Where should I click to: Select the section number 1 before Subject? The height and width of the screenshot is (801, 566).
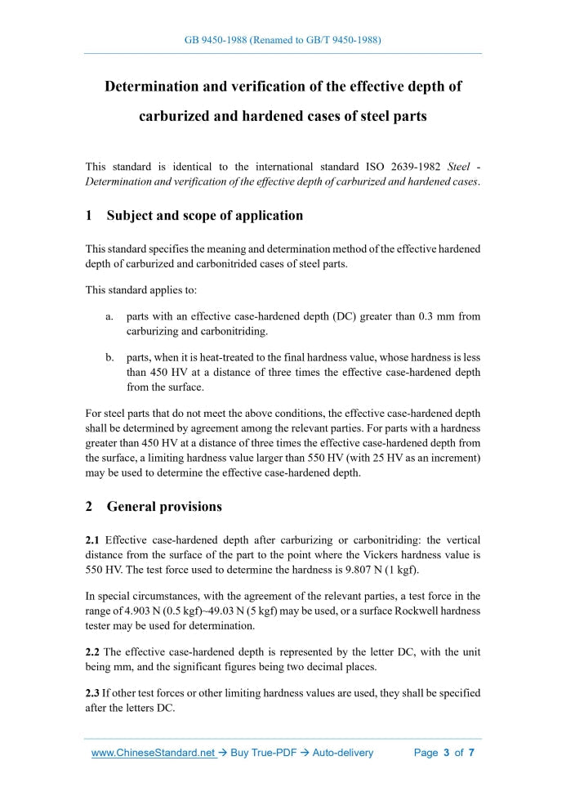(x=89, y=216)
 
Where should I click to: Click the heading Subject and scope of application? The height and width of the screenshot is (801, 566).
(x=204, y=216)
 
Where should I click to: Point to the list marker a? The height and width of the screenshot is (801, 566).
(x=109, y=316)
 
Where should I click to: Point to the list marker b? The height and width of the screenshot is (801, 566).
(x=109, y=357)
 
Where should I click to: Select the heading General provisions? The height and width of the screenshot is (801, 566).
(x=164, y=506)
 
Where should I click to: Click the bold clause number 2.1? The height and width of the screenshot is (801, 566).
(x=93, y=540)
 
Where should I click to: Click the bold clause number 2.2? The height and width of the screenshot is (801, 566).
(x=93, y=651)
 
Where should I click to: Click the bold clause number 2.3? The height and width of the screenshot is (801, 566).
(x=93, y=692)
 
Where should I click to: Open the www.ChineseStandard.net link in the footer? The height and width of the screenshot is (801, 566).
(x=153, y=753)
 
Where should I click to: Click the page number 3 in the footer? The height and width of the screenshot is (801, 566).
(x=447, y=753)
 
